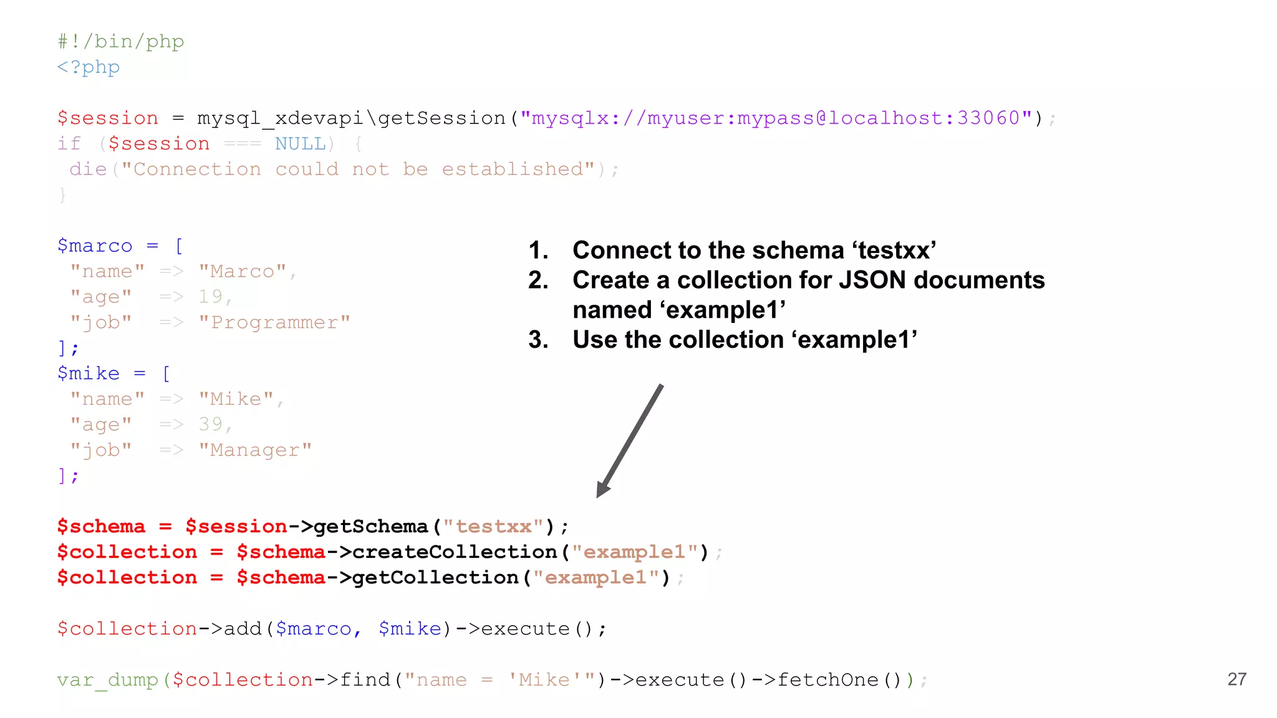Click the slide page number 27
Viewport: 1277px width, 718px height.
coord(1236,679)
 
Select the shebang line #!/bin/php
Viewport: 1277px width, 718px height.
coord(120,41)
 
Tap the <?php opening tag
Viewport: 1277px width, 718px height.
coord(88,67)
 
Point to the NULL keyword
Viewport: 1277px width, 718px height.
coord(300,143)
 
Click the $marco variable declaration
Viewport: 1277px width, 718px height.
coord(95,246)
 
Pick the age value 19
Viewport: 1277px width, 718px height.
coord(210,297)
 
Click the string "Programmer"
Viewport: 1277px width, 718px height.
coord(274,322)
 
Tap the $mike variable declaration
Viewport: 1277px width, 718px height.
coord(88,373)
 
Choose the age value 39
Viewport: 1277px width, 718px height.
coord(210,424)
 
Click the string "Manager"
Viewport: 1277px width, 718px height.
coord(255,450)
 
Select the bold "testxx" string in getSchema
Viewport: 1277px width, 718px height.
coord(493,527)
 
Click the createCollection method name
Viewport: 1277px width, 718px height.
coord(454,552)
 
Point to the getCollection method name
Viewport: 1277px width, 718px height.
coord(435,578)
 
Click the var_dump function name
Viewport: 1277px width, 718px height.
coord(107,680)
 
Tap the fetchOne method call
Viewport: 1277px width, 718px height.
coord(827,680)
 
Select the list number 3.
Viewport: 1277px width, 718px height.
coord(537,340)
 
